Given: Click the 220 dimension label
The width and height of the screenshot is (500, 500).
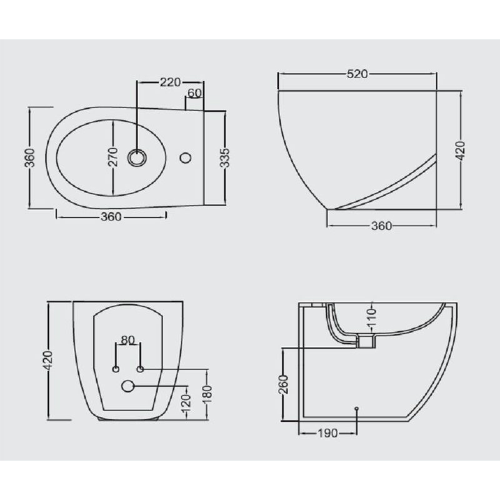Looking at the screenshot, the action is [x=170, y=82].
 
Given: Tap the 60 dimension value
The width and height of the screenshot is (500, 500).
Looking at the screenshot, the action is [x=194, y=93].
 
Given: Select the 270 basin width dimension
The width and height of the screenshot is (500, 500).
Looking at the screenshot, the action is [x=113, y=157].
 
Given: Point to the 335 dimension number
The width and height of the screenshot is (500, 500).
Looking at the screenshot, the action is [x=225, y=157].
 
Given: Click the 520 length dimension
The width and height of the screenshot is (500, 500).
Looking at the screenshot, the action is [x=357, y=74].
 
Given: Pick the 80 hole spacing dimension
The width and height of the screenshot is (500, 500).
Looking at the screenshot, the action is [x=128, y=340].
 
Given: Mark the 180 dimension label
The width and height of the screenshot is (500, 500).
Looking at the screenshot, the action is [x=207, y=396].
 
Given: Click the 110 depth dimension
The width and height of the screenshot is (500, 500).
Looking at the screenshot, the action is [x=372, y=317].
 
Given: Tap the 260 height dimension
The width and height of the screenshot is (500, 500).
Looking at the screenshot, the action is [x=283, y=384].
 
